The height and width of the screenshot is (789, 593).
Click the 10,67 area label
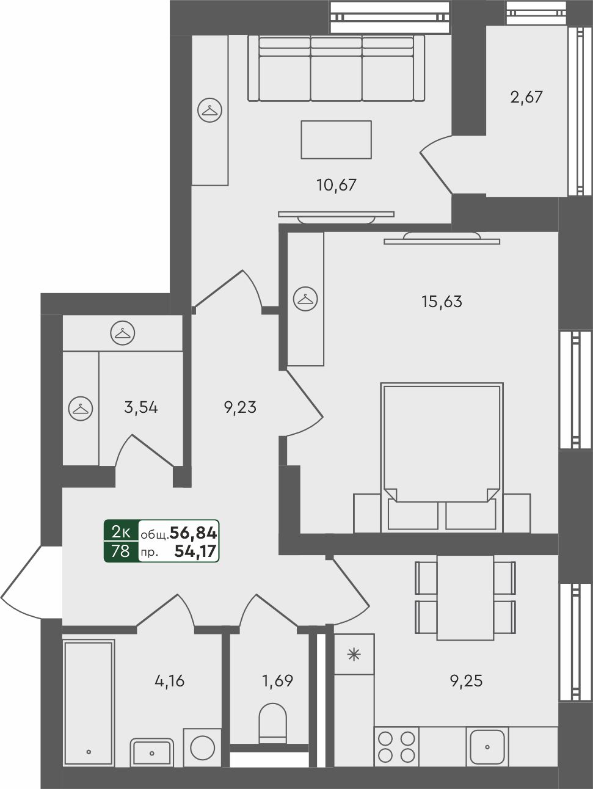337,186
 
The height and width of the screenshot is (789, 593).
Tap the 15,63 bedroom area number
442,301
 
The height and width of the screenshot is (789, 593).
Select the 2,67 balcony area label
526,98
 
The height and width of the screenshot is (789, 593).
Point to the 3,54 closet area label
141,407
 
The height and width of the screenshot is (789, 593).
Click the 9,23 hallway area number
240,407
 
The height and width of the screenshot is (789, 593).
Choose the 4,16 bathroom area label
170,680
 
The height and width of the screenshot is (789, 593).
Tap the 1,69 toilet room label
278,680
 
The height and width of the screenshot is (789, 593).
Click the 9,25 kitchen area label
466,680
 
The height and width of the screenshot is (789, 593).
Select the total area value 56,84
194,533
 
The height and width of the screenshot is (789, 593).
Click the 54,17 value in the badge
195,551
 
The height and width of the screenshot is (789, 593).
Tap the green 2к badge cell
121,532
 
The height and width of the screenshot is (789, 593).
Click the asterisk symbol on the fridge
354,655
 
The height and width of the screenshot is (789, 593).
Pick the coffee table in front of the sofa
337,139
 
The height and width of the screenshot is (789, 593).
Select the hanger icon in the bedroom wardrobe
305,299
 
